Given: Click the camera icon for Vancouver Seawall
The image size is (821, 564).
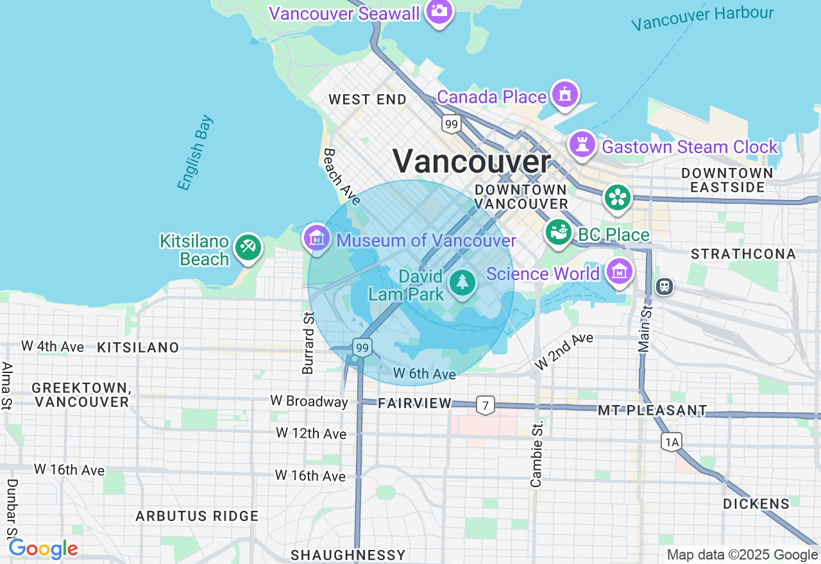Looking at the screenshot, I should [x=439, y=11].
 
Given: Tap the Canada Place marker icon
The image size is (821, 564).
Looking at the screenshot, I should [x=564, y=95].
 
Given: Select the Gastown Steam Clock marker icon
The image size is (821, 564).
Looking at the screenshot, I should [x=582, y=145].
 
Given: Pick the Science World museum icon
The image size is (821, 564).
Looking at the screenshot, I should [x=619, y=272].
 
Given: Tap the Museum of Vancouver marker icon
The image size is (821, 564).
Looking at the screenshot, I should [x=316, y=238].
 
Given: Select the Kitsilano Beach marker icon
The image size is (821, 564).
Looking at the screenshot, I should [x=248, y=247].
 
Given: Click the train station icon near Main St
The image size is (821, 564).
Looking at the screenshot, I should [x=664, y=286].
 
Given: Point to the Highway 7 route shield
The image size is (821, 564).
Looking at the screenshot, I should [x=486, y=404].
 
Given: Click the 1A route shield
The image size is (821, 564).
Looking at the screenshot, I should [x=671, y=441].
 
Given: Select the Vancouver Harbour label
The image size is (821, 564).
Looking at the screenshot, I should [x=702, y=18].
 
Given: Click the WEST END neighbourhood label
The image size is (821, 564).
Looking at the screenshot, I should [x=368, y=99].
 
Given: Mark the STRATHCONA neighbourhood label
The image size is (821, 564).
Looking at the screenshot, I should [x=743, y=254].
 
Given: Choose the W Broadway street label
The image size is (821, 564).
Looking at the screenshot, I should [x=309, y=401].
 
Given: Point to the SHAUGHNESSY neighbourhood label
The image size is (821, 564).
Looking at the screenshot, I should [x=348, y=554].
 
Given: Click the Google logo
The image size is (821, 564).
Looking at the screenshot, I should [x=43, y=549].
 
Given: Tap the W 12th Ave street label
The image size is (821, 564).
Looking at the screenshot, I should [x=311, y=433].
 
